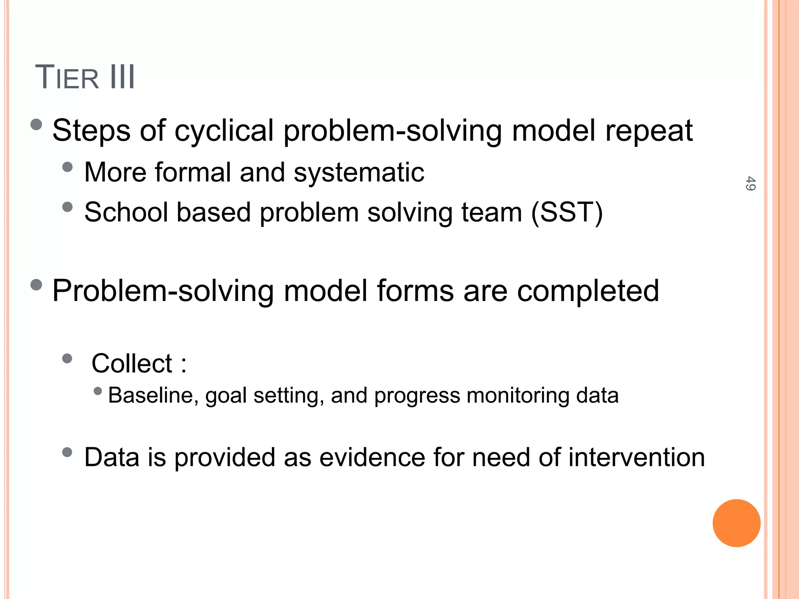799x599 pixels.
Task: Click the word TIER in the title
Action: tap(67, 78)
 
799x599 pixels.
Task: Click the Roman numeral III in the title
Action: tap(123, 77)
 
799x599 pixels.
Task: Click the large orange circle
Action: tap(736, 523)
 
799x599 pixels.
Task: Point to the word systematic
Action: tap(359, 172)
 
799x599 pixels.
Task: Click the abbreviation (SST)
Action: tap(567, 213)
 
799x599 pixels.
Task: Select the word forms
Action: tap(415, 291)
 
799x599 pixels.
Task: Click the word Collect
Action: tap(132, 363)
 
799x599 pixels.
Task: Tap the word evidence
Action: tap(372, 457)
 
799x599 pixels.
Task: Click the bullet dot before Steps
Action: tap(36, 125)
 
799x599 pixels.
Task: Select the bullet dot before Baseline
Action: tap(98, 391)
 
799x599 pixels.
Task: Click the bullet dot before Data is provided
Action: tap(67, 452)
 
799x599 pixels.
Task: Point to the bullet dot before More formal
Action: tap(67, 167)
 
